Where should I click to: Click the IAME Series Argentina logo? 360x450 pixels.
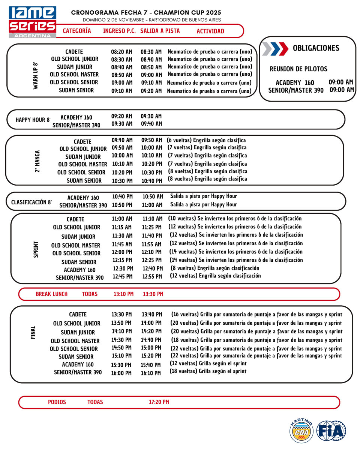pos(33,22)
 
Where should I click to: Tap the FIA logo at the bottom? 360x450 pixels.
pos(331,430)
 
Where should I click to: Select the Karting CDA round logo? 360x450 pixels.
pos(301,431)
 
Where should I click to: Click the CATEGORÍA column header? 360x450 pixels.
pos(77,31)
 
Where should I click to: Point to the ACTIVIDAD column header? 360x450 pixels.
pos(210,31)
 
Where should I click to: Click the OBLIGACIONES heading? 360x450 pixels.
pos(316,48)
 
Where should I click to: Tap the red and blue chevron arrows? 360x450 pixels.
pos(275,49)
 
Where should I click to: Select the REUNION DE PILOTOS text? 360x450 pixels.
pos(298,69)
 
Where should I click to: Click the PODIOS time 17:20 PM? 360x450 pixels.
pos(159,402)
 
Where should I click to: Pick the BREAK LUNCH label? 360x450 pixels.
pos(52,294)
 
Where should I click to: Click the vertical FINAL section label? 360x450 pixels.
pos(33,332)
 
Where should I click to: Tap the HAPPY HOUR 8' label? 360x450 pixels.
pos(33,120)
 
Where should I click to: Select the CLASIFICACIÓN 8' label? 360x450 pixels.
pos(31,202)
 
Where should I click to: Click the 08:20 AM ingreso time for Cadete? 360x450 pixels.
pos(121,52)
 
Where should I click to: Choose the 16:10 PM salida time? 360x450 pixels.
pos(151,373)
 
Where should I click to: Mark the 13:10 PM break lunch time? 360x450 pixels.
pos(123,294)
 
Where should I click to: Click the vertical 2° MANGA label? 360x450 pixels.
pos(37,162)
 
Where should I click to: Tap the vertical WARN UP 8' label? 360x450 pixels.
pos(36,75)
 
